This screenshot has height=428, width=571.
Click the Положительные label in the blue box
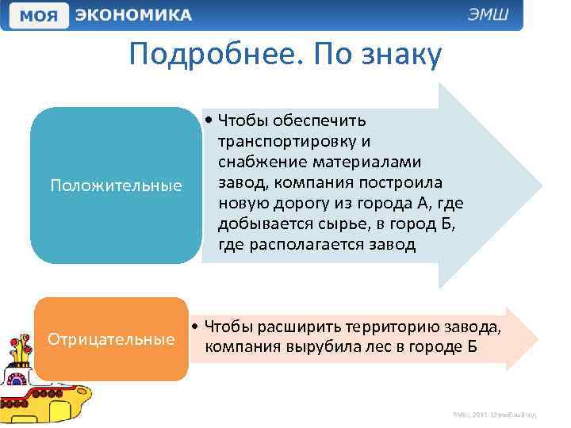pos(116,185)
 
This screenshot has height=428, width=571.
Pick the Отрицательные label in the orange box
pos(112,339)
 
